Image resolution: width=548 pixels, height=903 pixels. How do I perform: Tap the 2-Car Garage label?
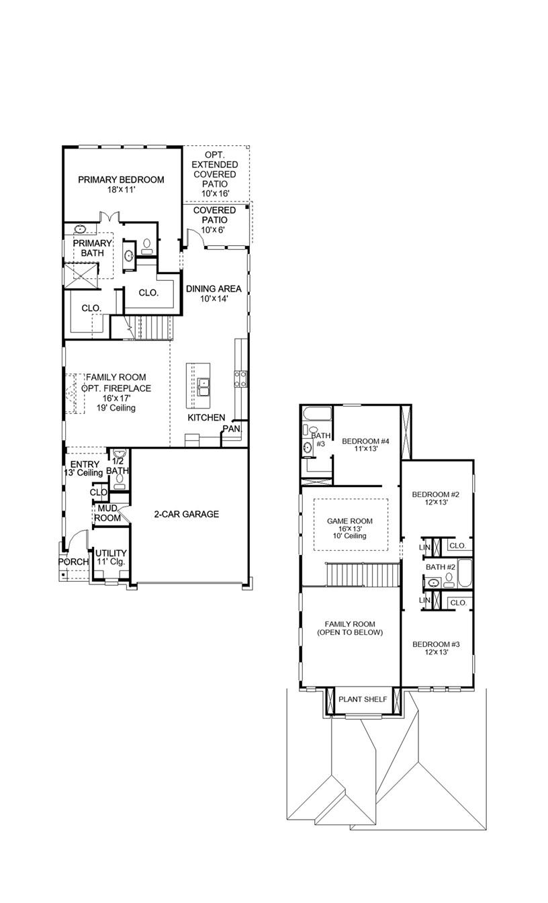click(x=186, y=514)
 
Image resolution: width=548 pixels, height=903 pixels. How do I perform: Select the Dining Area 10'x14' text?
click(x=214, y=294)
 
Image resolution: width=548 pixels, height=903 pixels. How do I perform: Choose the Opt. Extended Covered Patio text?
click(x=214, y=174)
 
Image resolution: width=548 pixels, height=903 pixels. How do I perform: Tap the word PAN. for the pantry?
click(x=232, y=428)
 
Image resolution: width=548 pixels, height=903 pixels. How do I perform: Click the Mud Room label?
click(x=107, y=513)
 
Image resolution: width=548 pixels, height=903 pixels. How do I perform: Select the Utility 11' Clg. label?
click(x=110, y=557)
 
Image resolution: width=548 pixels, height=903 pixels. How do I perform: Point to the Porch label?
click(x=73, y=562)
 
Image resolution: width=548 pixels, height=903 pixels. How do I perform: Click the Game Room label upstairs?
click(x=349, y=528)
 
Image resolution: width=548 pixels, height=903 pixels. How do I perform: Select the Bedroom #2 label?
click(x=436, y=499)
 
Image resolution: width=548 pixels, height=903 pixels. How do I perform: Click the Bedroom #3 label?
click(x=436, y=647)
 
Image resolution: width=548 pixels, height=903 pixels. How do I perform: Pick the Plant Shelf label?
click(x=363, y=699)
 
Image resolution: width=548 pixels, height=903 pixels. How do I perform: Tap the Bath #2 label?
click(x=441, y=567)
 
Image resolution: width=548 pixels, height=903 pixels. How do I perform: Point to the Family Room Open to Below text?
click(x=349, y=628)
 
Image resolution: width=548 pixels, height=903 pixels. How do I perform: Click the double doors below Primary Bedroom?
click(x=109, y=218)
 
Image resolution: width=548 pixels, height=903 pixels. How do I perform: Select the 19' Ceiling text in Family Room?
click(x=116, y=408)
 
